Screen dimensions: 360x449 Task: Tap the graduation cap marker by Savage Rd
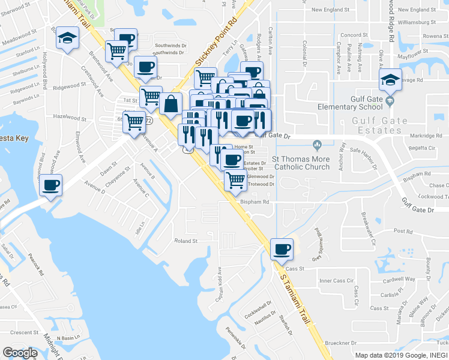click(x=390, y=80)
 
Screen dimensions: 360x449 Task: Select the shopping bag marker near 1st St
click(x=171, y=103)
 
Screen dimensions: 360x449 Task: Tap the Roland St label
click(x=186, y=241)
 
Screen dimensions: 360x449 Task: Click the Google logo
click(x=20, y=353)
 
